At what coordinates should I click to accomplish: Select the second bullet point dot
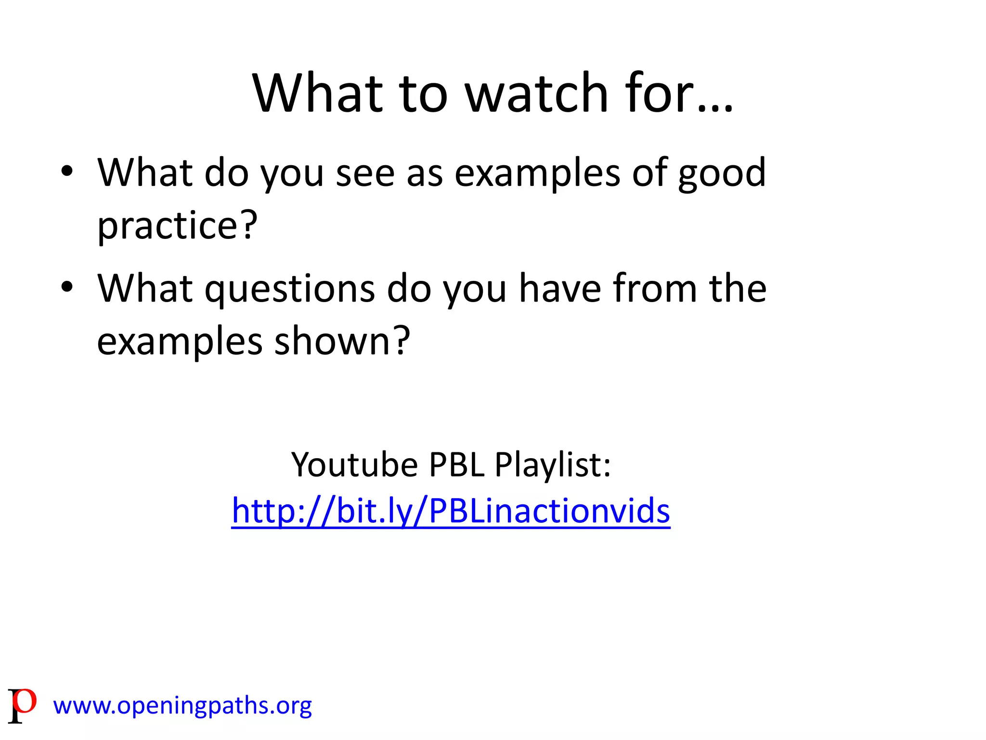coord(67,287)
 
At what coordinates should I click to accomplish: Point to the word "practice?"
coord(177,225)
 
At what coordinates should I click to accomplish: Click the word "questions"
coord(290,290)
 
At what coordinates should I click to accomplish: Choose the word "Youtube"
coord(354,465)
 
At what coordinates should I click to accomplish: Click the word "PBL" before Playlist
coord(456,465)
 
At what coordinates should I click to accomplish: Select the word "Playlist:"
coord(553,466)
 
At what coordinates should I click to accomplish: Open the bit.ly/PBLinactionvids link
coord(451,511)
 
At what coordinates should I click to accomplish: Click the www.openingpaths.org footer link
coord(182,706)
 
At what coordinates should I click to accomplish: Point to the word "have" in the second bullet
coord(560,289)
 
